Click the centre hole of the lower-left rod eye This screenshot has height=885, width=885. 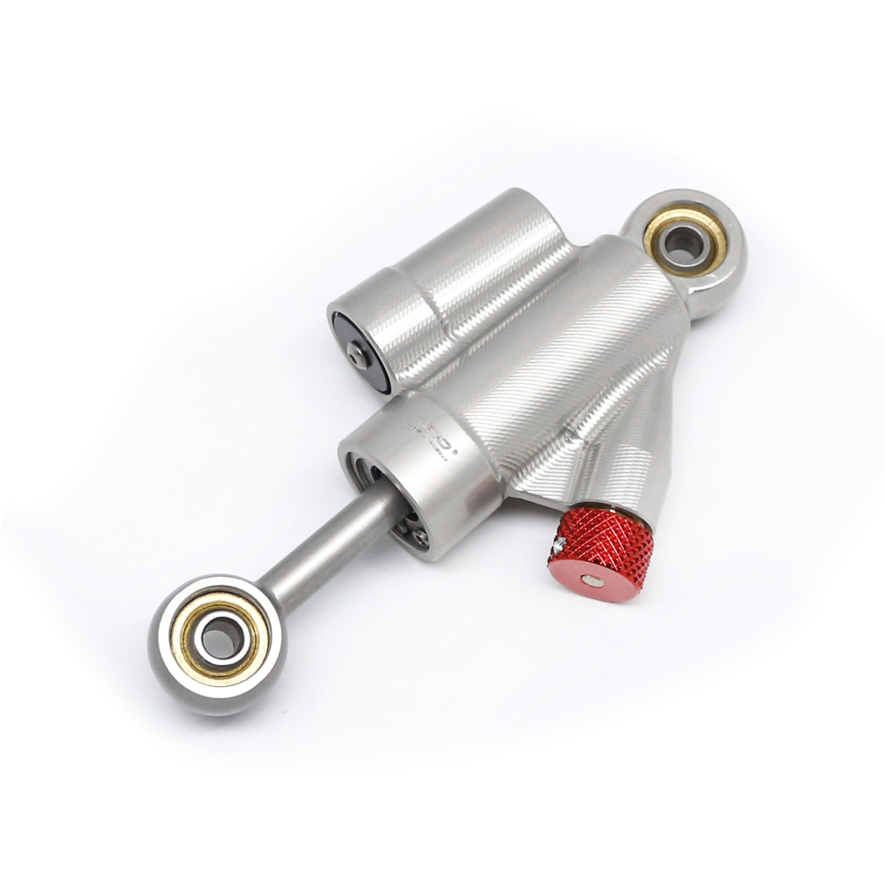click(x=215, y=635)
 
